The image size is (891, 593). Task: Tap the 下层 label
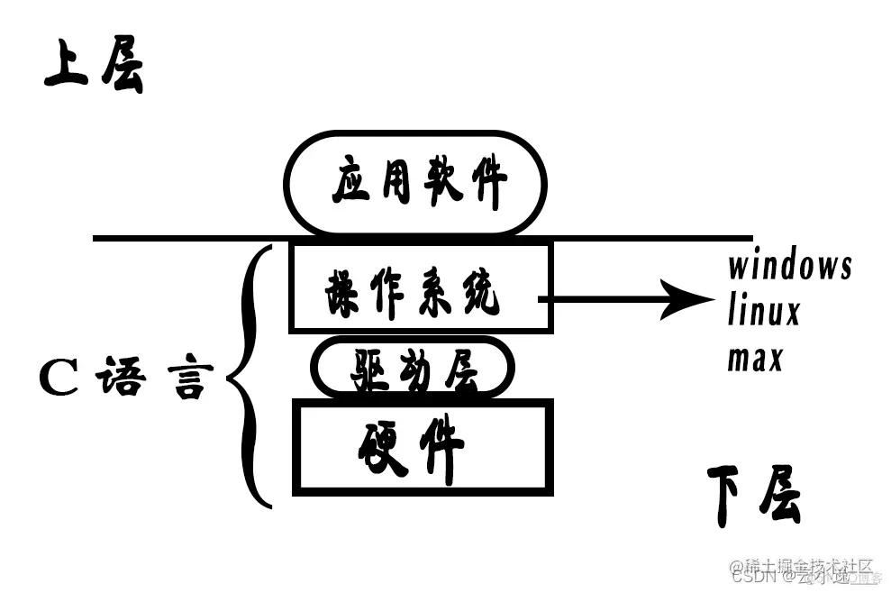pos(753,496)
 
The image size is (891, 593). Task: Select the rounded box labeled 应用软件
pos(416,183)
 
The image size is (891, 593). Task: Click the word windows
pos(789,267)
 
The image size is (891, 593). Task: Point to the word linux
pos(764,313)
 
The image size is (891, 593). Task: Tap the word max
pos(755,359)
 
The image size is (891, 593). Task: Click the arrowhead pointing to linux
pos(688,299)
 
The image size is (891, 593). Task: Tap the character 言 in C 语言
pos(190,379)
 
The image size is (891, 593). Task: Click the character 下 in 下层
pos(729,496)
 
